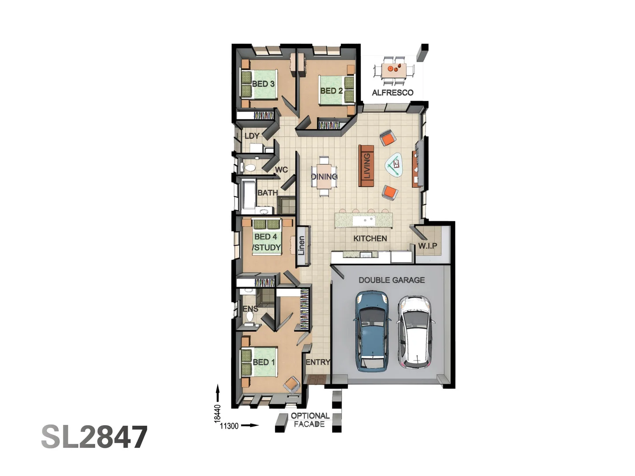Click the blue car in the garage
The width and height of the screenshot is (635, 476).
tap(372, 331)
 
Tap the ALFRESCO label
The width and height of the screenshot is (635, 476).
tap(392, 93)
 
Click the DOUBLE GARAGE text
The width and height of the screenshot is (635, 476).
tap(392, 280)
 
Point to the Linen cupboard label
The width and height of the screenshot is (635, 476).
tap(302, 246)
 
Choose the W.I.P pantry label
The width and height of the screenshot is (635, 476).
tap(427, 245)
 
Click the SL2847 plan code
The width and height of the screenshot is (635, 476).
tap(94, 437)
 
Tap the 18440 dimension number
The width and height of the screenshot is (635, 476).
tap(217, 413)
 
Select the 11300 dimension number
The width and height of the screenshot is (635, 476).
tap(229, 426)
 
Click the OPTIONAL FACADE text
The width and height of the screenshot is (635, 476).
tap(310, 420)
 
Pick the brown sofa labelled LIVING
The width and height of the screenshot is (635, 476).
tap(366, 166)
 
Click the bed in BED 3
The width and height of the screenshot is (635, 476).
tap(258, 84)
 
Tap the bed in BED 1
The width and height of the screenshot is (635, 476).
tap(259, 362)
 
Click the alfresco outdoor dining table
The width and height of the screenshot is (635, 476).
tap(394, 69)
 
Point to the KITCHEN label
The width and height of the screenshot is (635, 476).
tap(370, 238)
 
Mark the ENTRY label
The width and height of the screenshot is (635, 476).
tap(317, 362)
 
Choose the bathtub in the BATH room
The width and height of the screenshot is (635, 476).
tap(248, 194)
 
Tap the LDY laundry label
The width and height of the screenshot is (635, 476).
tap(252, 136)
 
